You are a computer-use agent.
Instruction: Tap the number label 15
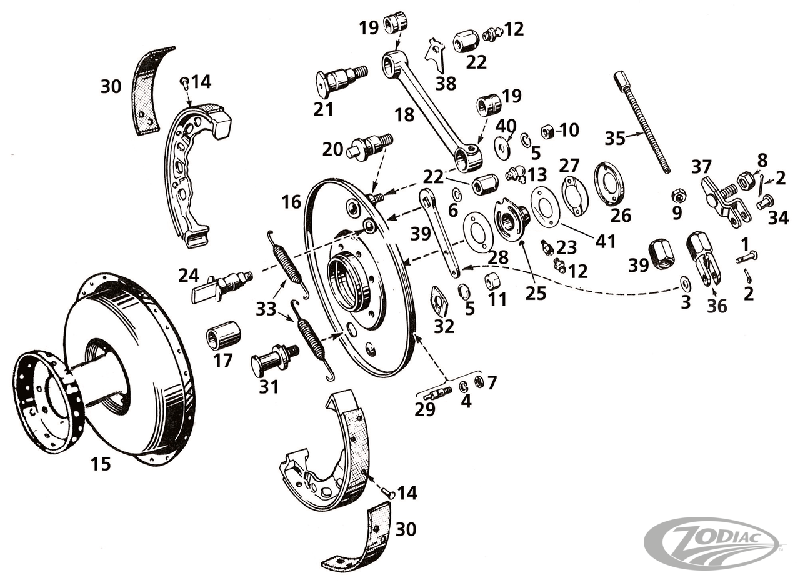[x=101, y=464]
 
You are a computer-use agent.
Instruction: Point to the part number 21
[x=324, y=109]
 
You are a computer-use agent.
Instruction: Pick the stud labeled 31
[x=274, y=359]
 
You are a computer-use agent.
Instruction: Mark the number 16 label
[x=291, y=202]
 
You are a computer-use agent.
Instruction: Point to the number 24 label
[x=189, y=275]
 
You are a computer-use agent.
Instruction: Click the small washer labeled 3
[x=686, y=284]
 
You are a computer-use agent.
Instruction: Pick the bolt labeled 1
[x=746, y=256]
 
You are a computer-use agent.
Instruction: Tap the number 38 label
[x=446, y=83]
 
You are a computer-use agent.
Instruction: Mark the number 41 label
[x=605, y=241]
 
